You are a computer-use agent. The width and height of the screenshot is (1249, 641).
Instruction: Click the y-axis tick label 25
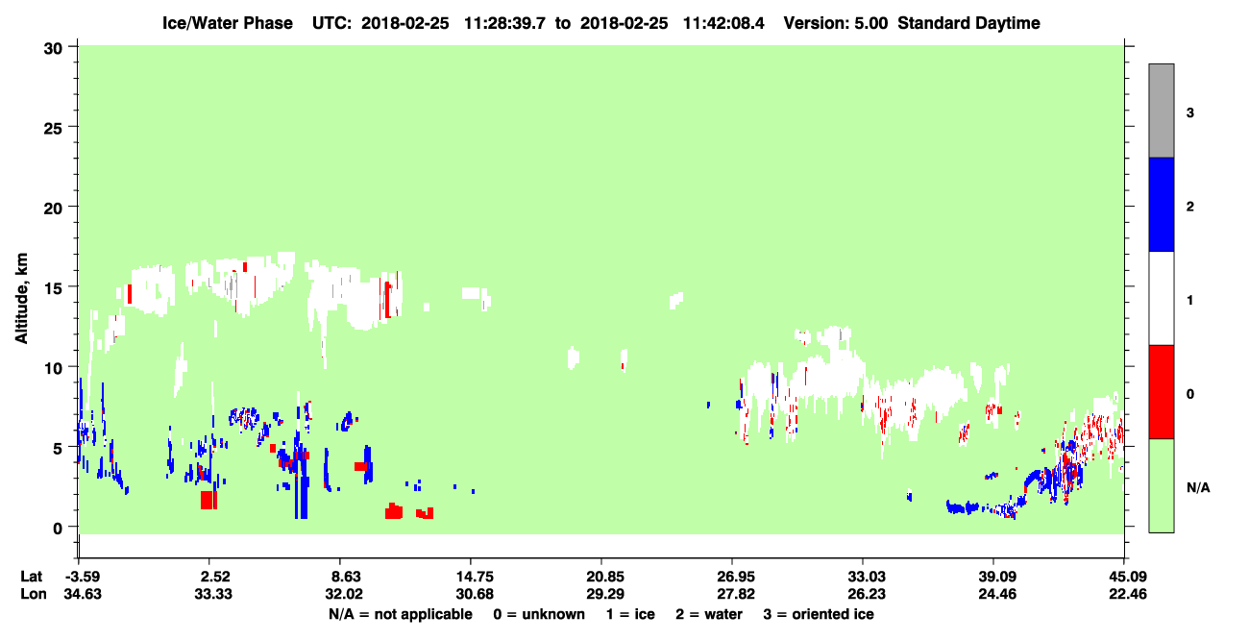tap(53, 129)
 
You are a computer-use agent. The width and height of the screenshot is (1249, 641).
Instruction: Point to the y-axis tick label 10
tap(53, 369)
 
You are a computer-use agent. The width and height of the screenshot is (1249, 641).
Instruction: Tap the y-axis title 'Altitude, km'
tap(21, 298)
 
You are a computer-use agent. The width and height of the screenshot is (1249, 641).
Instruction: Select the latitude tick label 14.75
tap(475, 577)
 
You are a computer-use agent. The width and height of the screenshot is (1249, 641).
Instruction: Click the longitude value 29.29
tap(605, 594)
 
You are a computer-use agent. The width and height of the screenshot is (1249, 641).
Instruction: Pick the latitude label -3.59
tap(83, 577)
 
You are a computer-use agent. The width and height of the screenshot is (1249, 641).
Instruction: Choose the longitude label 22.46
tap(1127, 594)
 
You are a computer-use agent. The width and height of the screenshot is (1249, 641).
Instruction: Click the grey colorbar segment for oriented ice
tap(1162, 111)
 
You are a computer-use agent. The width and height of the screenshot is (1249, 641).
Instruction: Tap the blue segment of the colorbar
tap(1162, 204)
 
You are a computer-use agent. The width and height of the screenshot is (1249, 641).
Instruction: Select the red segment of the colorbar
tap(1162, 392)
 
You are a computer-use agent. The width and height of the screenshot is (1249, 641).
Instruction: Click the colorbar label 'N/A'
tap(1198, 488)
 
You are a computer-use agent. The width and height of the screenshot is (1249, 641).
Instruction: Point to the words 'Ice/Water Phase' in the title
tap(228, 23)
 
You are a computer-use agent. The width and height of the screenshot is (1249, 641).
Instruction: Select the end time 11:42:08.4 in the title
tap(723, 23)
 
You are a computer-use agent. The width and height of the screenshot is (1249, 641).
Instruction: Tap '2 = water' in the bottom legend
tap(709, 614)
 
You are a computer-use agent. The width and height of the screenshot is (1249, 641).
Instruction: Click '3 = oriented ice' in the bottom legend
tap(819, 614)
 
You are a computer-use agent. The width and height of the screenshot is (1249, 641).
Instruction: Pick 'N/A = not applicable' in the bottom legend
tap(401, 614)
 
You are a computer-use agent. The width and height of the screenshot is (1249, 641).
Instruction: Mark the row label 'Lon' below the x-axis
tap(34, 594)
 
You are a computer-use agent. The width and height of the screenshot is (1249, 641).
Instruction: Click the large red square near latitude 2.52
tap(208, 500)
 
